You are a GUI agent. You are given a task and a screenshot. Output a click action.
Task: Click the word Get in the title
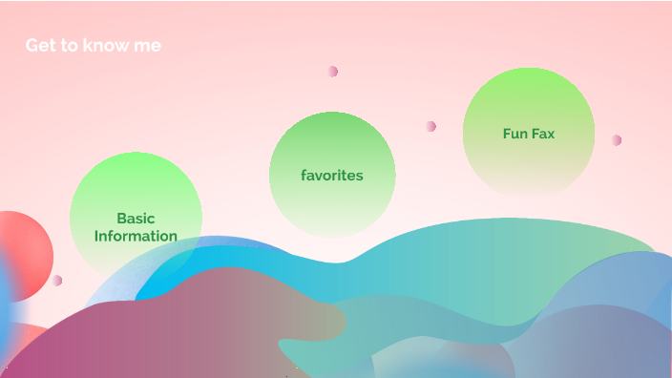pos(39,46)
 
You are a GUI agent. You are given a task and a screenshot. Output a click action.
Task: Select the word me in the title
pos(148,46)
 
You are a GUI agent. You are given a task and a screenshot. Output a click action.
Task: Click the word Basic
pos(136,219)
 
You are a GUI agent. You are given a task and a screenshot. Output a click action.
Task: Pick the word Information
pos(136,236)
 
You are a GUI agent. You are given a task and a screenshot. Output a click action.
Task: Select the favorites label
pos(332,176)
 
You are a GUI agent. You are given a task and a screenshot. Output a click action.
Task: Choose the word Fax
pos(544,134)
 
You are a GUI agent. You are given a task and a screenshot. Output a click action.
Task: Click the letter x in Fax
pos(551,134)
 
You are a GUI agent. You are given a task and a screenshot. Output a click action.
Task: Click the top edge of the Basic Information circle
pos(136,155)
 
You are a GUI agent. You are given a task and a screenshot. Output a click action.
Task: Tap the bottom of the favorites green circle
pos(332,235)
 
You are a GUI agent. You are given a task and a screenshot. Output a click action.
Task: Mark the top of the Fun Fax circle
pos(529,70)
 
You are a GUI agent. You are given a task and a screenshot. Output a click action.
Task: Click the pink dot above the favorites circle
pos(333,72)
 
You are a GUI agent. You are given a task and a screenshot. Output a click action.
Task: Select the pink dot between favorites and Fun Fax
pos(431,126)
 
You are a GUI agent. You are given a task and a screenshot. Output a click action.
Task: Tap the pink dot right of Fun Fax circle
pos(617,140)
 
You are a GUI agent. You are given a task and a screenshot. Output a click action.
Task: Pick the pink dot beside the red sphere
pos(57,281)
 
